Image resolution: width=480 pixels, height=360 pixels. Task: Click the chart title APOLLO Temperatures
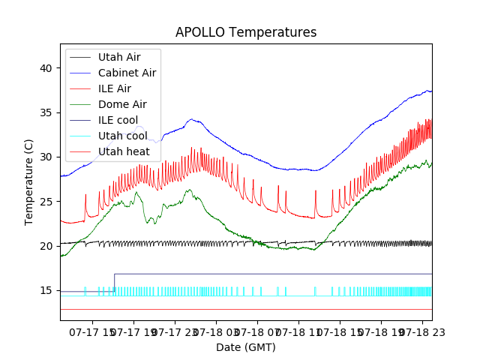(246, 32)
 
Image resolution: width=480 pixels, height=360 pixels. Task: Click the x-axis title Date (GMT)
(246, 347)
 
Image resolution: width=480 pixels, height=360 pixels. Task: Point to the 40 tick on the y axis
(46, 68)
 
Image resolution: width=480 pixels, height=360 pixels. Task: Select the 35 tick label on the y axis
(46, 112)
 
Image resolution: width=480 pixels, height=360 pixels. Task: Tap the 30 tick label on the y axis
(46, 157)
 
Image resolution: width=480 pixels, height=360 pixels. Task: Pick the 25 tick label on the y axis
(46, 201)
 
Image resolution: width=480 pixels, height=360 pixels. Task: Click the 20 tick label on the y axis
(46, 246)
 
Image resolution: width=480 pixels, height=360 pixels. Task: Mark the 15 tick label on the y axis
(46, 290)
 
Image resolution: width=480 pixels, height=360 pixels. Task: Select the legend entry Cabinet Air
(127, 73)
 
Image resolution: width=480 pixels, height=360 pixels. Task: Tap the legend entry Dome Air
(122, 104)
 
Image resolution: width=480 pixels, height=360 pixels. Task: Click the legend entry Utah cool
(122, 136)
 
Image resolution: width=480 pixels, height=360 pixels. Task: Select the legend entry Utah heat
(124, 151)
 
